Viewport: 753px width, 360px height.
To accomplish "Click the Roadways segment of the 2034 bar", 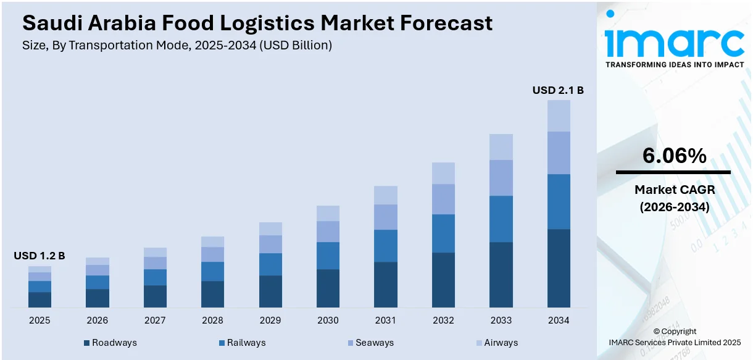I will pos(559,268).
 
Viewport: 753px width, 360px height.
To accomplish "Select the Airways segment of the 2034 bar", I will pos(559,115).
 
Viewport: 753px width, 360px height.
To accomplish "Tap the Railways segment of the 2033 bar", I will pos(501,219).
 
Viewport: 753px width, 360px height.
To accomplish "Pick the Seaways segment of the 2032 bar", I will pos(443,199).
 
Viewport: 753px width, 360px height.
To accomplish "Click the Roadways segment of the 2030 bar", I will pos(328,288).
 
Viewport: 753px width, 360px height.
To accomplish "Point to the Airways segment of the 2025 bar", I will pos(40,269).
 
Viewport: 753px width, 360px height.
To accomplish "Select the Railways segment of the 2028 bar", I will pos(212,271).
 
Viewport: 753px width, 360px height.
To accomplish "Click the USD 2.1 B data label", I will pos(558,90).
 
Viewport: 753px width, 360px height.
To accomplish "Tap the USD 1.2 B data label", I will pos(40,256).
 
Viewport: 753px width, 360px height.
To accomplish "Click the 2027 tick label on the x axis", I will pos(155,320).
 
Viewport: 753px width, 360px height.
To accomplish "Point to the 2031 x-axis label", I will pos(386,320).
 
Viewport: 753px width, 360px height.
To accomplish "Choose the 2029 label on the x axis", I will pos(270,320).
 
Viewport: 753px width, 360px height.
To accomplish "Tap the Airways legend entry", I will pos(497,343).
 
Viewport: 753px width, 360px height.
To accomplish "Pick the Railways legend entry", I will pos(241,343).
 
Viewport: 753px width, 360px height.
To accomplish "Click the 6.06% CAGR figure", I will pos(674,156).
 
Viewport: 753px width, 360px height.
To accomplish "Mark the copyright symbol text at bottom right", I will pos(674,332).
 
